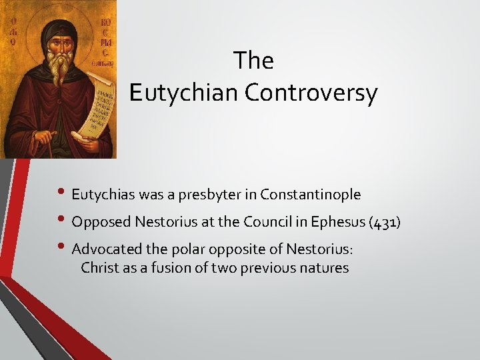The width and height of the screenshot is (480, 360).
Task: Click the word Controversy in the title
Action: pos(311,93)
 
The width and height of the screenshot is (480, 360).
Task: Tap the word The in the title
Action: pos(253,61)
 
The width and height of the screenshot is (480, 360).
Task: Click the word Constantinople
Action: pos(311,195)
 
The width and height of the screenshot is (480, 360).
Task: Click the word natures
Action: pos(325,268)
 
